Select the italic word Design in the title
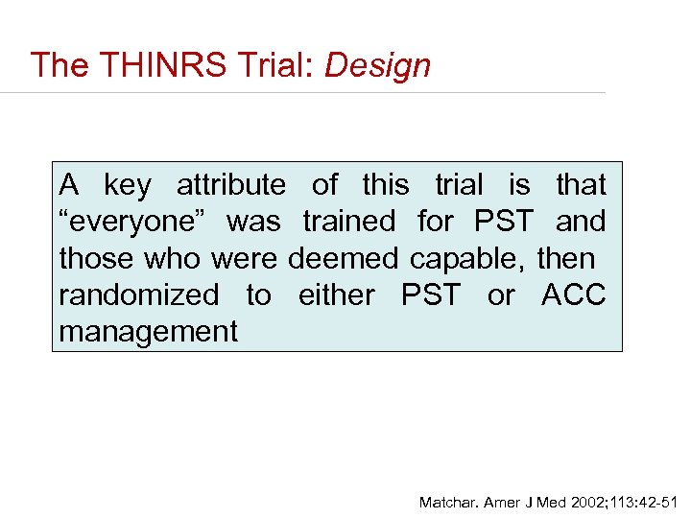377,65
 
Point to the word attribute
230,184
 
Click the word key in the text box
127,184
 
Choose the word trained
348,222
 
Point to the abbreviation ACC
573,295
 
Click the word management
148,332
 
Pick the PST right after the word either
431,295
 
